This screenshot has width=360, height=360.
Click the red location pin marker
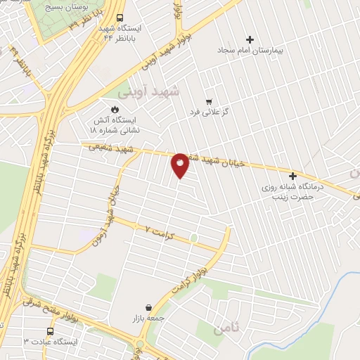(x=180, y=165)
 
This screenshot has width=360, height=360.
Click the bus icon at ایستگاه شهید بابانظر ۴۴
(x=121, y=18)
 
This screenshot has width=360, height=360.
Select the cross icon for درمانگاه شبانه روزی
(x=292, y=175)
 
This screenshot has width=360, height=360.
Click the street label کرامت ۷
(x=157, y=230)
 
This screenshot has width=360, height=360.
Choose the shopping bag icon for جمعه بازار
(x=149, y=307)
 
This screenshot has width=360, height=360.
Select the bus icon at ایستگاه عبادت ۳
(x=51, y=331)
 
